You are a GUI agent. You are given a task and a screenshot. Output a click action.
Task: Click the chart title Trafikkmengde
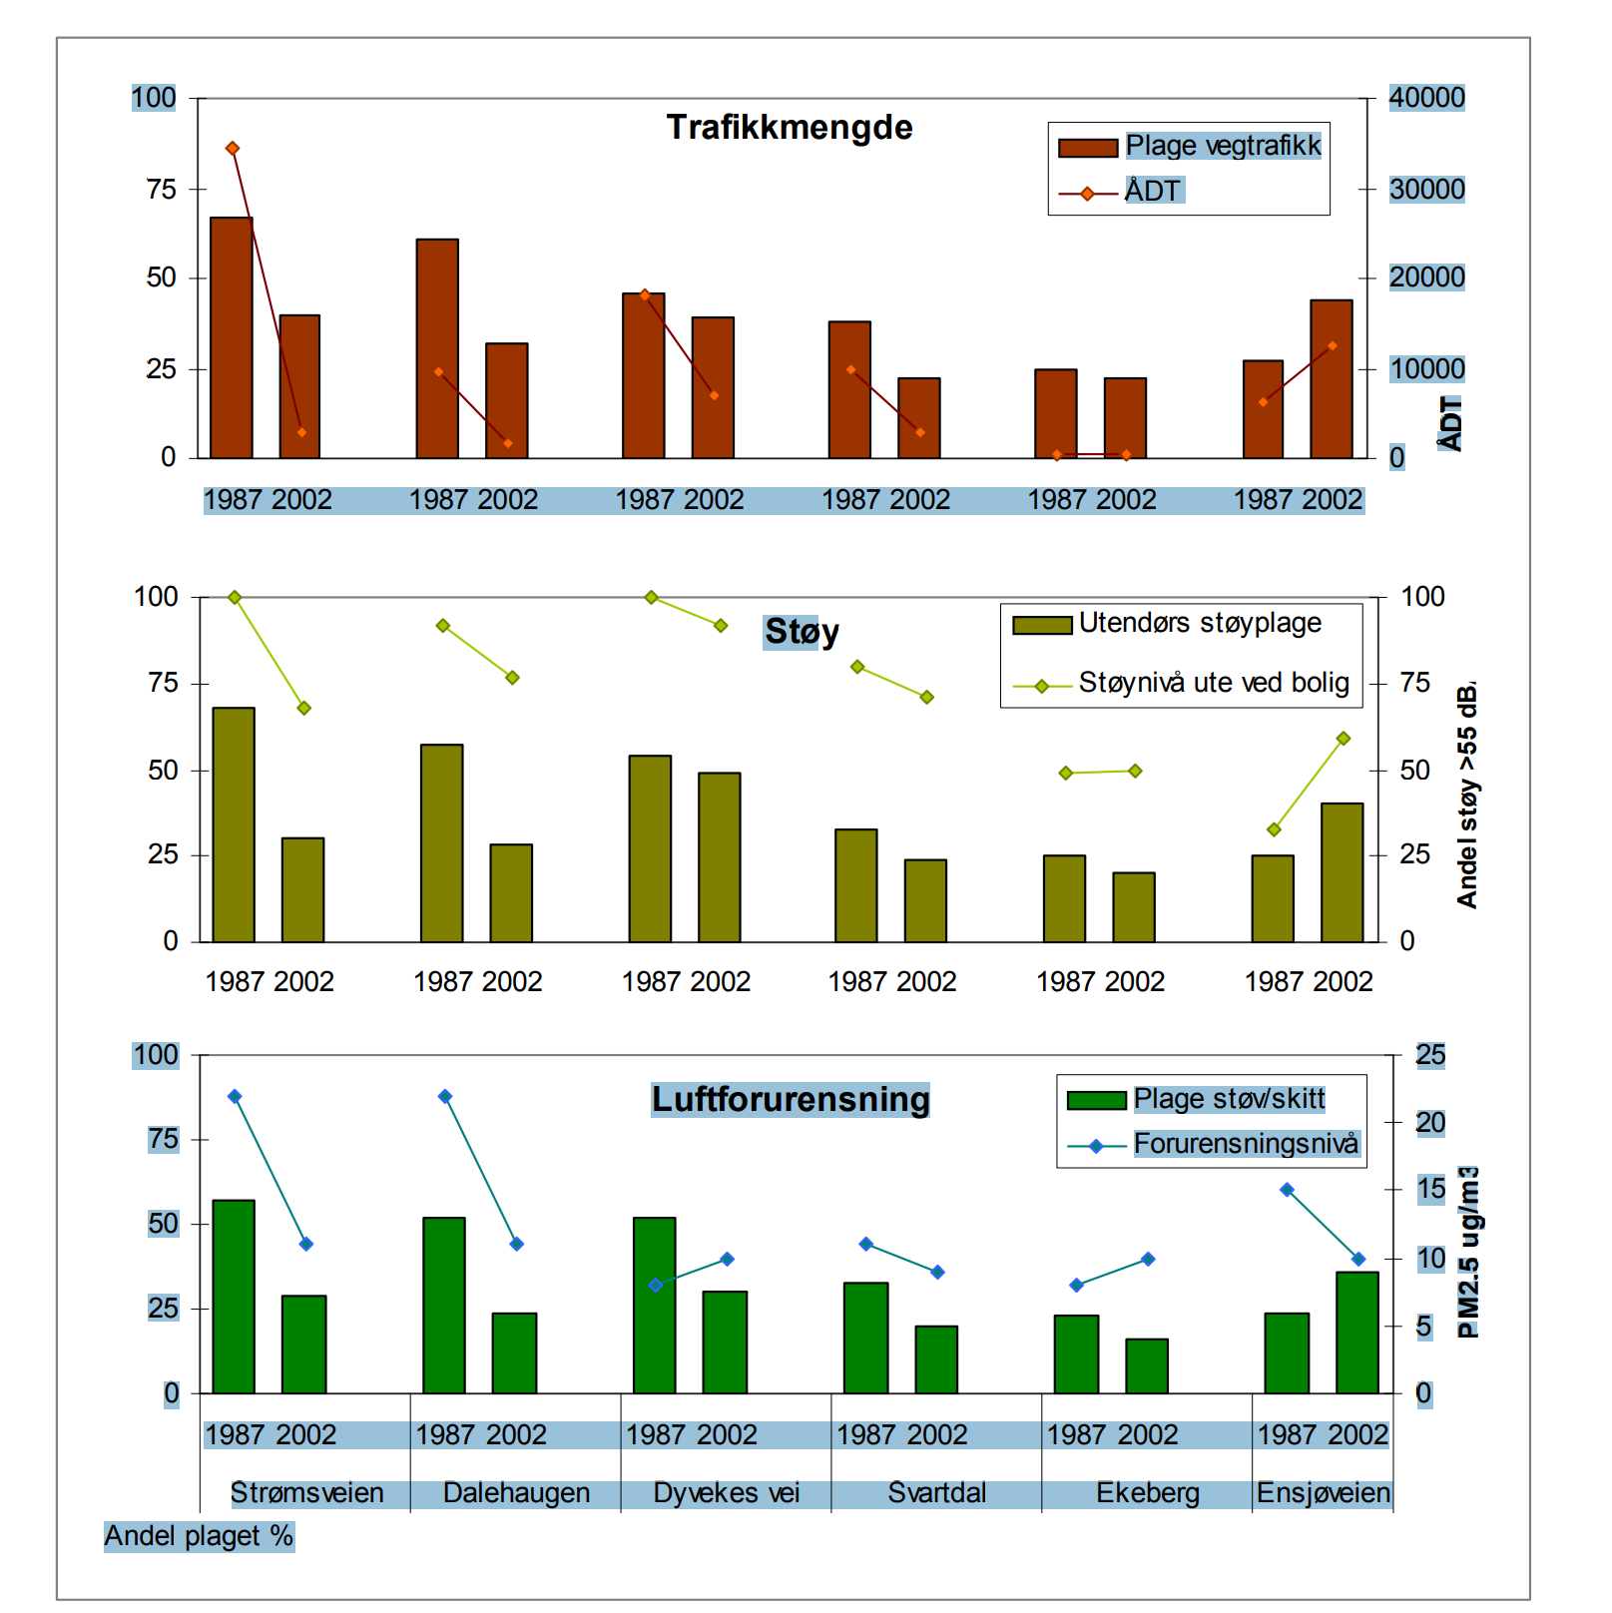(789, 128)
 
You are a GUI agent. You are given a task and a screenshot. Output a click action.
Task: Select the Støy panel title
(801, 632)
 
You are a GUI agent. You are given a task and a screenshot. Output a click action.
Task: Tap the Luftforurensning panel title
(790, 1099)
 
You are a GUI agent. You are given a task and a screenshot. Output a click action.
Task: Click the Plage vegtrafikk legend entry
(1222, 146)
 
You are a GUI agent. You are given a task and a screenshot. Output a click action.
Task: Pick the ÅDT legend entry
(1153, 191)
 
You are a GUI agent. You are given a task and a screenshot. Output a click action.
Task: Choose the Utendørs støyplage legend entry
(1199, 623)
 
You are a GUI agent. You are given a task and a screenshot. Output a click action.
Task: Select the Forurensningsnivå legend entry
(1245, 1143)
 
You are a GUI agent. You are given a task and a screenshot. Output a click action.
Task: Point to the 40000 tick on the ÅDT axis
(1426, 98)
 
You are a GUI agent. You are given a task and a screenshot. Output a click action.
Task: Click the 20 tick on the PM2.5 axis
(1429, 1123)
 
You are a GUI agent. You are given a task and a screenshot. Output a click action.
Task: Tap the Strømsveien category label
(306, 1492)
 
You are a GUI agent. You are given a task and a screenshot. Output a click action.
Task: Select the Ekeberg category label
(1147, 1492)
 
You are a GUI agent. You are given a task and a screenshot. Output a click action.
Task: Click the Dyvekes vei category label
(726, 1492)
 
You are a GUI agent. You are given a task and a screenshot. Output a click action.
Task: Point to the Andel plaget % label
(199, 1535)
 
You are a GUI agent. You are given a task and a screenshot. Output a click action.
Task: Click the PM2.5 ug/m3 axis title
(1468, 1252)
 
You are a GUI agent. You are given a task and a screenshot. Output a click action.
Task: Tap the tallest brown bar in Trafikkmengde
(232, 337)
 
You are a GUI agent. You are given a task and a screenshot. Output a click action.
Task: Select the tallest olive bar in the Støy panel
(234, 824)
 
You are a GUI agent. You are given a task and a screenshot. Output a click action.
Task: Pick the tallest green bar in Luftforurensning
(234, 1296)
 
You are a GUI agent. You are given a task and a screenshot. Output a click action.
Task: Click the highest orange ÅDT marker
(233, 149)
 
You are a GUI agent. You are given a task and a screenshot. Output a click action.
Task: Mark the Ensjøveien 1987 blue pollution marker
(1287, 1190)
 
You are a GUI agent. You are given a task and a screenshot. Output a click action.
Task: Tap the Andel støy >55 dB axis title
(1466, 795)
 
